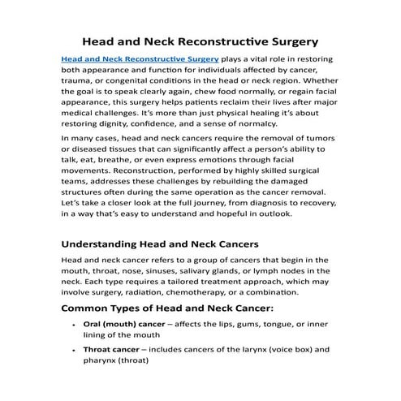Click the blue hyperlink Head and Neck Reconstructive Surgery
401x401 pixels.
[140, 59]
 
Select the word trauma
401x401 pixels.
[78, 82]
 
